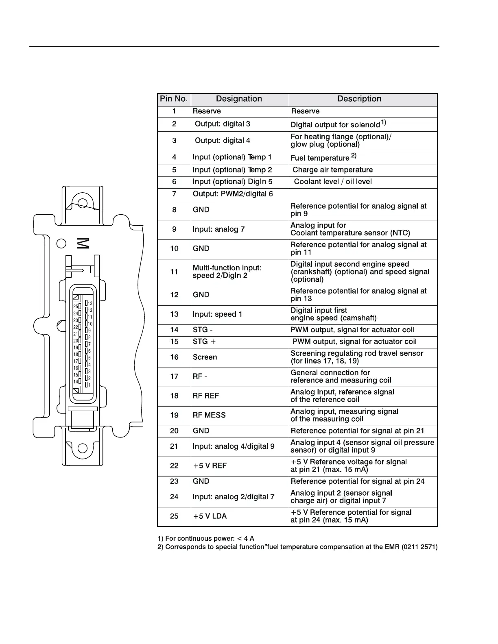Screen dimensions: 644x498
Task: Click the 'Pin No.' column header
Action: pyautogui.click(x=174, y=99)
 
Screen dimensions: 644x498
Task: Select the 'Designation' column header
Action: pyautogui.click(x=239, y=99)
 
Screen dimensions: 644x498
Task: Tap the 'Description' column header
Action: pyautogui.click(x=359, y=99)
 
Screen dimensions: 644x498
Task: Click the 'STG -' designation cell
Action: pyautogui.click(x=203, y=330)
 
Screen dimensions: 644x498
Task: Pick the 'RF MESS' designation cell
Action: pyautogui.click(x=209, y=415)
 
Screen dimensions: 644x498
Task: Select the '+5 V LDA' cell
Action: pyautogui.click(x=210, y=516)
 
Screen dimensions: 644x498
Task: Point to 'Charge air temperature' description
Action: pyautogui.click(x=332, y=170)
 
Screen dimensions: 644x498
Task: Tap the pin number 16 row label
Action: pyautogui.click(x=174, y=357)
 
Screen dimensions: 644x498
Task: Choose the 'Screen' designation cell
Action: pyautogui.click(x=205, y=357)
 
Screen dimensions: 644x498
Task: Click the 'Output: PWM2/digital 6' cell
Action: pyautogui.click(x=233, y=194)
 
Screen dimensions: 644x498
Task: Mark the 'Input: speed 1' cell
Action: pyautogui.click(x=217, y=314)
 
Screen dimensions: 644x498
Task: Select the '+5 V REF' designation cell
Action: pyautogui.click(x=210, y=466)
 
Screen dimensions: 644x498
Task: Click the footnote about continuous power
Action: pyautogui.click(x=206, y=539)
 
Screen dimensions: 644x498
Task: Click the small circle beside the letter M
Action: pyautogui.click(x=61, y=243)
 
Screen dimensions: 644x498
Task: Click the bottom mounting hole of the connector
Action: pyautogui.click(x=82, y=448)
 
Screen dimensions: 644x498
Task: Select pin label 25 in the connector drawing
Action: pyautogui.click(x=76, y=306)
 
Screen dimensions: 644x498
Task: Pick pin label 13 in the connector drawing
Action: pyautogui.click(x=90, y=303)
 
